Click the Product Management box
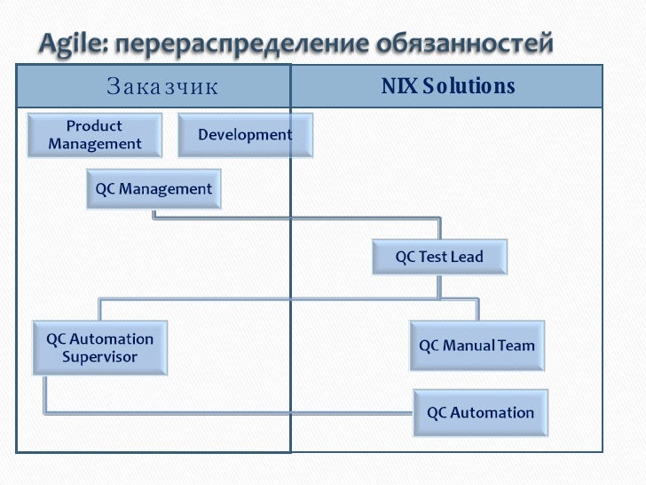tap(95, 135)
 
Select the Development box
tap(235, 135)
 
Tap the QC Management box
tap(154, 189)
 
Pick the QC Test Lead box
tap(439, 258)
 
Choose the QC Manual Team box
tap(477, 346)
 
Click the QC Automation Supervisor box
tap(99, 348)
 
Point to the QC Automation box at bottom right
tap(480, 413)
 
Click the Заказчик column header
tap(162, 87)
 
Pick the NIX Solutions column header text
tap(448, 86)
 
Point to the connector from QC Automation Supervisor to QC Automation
tap(222, 413)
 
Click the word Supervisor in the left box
tap(99, 357)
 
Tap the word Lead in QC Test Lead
tap(467, 258)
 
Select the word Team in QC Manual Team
tap(516, 346)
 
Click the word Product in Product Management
tap(95, 126)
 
